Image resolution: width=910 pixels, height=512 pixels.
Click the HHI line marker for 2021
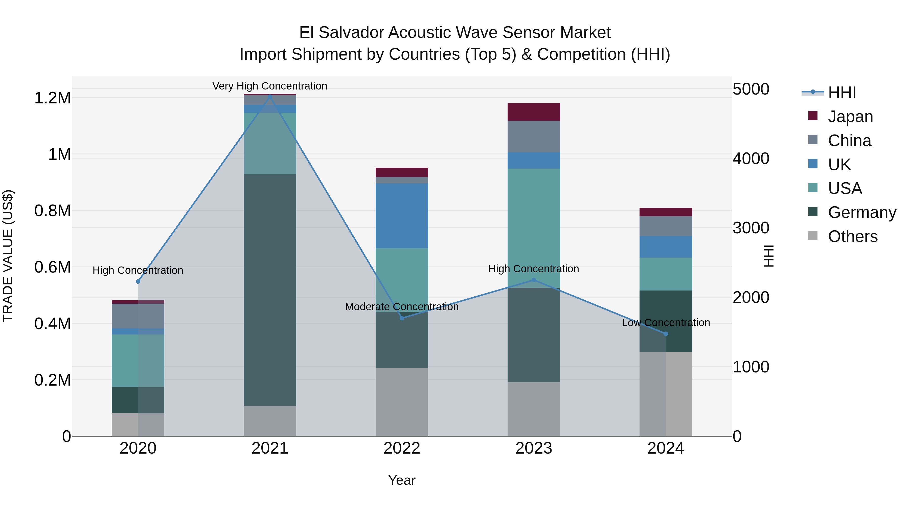tap(270, 96)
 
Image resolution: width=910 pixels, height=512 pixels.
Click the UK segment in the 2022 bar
tap(402, 215)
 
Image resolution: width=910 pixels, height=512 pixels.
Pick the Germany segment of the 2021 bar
tap(270, 290)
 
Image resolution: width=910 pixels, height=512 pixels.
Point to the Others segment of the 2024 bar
tap(666, 394)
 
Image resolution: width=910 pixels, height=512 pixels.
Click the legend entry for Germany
tap(862, 212)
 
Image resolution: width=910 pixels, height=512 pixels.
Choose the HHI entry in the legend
tap(842, 93)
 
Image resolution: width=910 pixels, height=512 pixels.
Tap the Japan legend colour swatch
tap(813, 116)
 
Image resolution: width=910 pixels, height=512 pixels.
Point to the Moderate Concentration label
tap(402, 307)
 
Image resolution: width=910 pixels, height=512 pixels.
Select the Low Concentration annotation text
tap(666, 323)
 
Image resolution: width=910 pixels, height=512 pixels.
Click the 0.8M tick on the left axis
tap(53, 211)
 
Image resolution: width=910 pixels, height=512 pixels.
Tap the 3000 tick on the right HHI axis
tap(751, 228)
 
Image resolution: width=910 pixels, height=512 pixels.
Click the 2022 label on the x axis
tap(402, 448)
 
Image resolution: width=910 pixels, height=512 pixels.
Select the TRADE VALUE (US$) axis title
tap(8, 256)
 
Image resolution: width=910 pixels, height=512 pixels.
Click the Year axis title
tap(402, 480)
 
